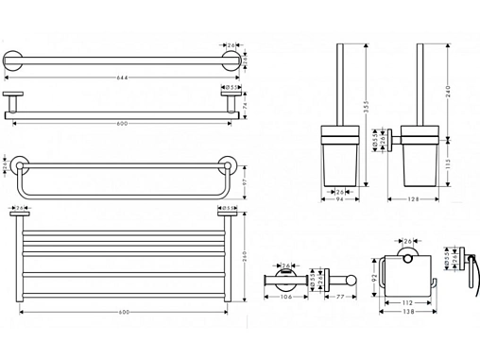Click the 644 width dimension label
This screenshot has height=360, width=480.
pos(123,77)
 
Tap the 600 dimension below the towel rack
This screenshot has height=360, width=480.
pos(123,313)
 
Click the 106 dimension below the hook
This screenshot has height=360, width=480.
pos(285,297)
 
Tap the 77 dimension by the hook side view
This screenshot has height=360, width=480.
pos(338,297)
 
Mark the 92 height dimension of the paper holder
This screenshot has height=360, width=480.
pos(375,276)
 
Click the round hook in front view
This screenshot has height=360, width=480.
pos(285,279)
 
